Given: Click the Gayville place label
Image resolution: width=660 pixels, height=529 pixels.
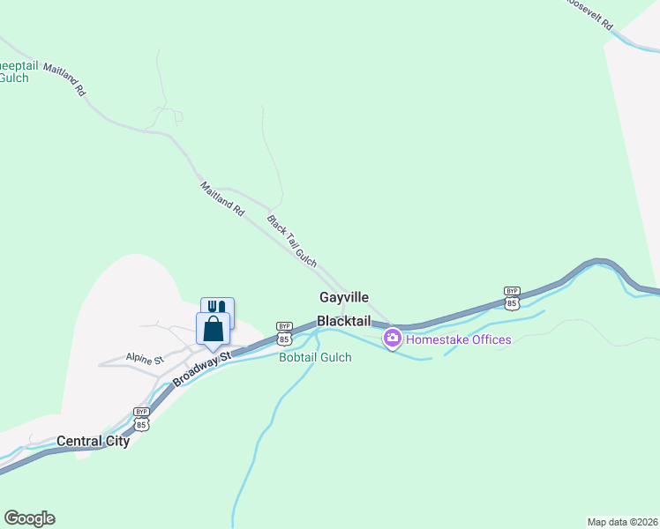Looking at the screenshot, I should [344, 298].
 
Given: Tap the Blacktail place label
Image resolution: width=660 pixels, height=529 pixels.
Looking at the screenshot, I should [344, 322].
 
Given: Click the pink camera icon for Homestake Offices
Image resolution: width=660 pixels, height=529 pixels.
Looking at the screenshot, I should [392, 338].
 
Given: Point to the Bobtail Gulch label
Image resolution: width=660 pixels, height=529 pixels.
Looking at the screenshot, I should [315, 357].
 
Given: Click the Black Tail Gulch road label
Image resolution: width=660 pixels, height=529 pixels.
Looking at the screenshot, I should [291, 240].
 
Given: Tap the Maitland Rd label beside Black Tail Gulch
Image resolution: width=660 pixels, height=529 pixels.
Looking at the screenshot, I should [221, 199].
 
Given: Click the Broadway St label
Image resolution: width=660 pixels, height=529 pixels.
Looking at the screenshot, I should [201, 369].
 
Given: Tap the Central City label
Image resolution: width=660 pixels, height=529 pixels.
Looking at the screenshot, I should [93, 441].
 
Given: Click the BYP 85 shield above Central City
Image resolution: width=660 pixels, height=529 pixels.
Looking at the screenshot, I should [141, 418].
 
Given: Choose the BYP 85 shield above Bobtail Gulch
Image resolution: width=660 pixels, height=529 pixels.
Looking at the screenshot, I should [283, 332].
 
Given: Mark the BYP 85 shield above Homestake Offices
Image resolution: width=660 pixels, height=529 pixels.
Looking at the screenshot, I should [512, 297].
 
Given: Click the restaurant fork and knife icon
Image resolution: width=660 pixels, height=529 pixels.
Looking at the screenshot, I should [217, 308].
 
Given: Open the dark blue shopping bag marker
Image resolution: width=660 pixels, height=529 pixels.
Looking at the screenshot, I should [213, 329].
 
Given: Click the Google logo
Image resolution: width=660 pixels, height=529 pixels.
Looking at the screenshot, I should [29, 518].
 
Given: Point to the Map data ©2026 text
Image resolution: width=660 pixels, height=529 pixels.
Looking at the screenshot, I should [622, 521].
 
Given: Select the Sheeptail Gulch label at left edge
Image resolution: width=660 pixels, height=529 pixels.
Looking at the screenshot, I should [15, 71].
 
